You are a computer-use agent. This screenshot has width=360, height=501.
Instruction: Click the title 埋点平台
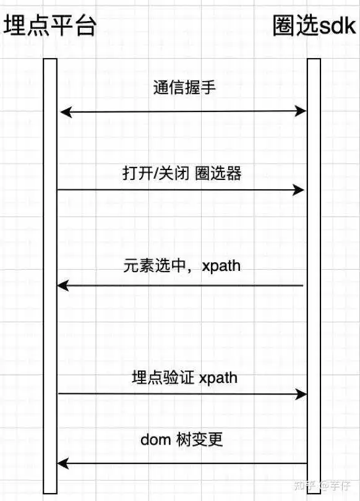(x=49, y=25)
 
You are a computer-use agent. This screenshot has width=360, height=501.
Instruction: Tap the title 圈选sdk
(x=314, y=25)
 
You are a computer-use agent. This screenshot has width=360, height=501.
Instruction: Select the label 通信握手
(x=184, y=88)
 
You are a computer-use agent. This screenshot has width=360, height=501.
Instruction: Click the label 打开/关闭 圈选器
(x=182, y=174)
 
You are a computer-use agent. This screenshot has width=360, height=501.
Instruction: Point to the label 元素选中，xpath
(x=182, y=266)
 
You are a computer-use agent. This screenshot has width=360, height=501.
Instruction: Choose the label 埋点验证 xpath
(x=184, y=377)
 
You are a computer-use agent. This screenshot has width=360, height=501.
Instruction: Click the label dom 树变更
(x=181, y=440)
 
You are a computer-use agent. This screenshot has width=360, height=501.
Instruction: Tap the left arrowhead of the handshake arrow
(x=65, y=113)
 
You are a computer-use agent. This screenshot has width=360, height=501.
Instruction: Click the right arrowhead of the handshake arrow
(x=301, y=111)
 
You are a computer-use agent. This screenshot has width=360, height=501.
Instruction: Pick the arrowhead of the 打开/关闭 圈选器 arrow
(x=299, y=190)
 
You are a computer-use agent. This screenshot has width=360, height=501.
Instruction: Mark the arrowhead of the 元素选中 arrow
(x=62, y=285)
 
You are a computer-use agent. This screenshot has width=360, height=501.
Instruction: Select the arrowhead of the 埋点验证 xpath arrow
(x=301, y=394)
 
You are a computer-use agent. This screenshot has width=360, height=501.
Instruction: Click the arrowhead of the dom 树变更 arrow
(x=62, y=463)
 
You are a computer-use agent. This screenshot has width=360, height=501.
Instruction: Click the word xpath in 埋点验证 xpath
(x=218, y=379)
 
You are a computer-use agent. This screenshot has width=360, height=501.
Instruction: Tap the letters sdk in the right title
(x=337, y=26)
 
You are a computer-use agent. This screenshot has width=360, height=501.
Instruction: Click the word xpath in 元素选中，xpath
(x=221, y=267)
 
